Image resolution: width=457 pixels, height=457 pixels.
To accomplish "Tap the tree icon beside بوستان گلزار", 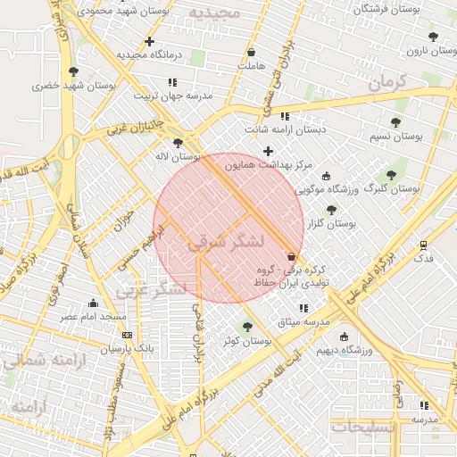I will tap(331, 210).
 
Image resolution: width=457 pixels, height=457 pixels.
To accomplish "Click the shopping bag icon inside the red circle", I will tap(292, 256).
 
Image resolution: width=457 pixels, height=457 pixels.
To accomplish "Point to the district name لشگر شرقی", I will tap(226, 241).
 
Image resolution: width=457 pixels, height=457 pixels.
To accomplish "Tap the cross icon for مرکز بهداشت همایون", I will tap(268, 151).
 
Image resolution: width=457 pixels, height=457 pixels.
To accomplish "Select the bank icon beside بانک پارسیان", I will tap(127, 336).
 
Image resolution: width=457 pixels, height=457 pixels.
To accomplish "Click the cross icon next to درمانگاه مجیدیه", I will tap(149, 41).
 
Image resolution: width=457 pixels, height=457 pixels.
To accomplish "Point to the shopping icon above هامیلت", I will tap(251, 52).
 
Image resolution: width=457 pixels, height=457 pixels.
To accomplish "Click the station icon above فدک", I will tap(423, 244).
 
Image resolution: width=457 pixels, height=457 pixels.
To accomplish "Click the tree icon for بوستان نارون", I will tap(433, 37).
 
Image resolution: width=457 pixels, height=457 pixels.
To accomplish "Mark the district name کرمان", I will tap(386, 83).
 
